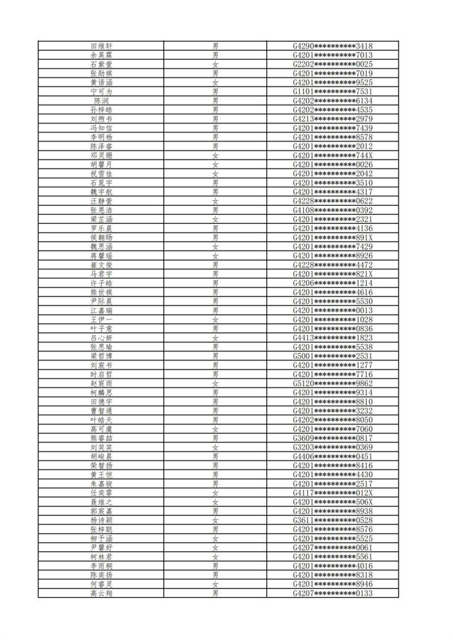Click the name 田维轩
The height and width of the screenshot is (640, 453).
tap(101, 46)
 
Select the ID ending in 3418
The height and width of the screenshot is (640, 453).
tap(332, 46)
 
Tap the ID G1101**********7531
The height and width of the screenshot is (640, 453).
tap(332, 92)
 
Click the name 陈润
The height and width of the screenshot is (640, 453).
tap(101, 101)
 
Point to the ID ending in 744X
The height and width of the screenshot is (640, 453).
tap(332, 155)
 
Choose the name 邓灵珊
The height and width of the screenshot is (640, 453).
tap(101, 155)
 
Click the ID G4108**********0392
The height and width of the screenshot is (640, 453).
tap(332, 210)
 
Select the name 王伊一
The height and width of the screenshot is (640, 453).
tap(101, 320)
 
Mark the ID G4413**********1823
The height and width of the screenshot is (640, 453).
tap(332, 338)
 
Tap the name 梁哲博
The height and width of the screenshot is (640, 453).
tap(101, 356)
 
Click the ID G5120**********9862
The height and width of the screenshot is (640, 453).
tap(332, 383)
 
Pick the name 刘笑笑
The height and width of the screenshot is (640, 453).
tap(101, 447)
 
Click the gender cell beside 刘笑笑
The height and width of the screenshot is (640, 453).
tap(215, 447)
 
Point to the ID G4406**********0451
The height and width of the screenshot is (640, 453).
tap(332, 456)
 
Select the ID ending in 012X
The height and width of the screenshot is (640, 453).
tap(332, 493)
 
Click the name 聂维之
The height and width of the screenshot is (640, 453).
tap(101, 502)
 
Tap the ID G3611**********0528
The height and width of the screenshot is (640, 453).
tap(332, 520)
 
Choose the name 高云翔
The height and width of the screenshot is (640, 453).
tap(101, 593)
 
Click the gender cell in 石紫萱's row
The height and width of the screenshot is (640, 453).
tap(215, 64)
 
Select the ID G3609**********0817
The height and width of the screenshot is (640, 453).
tap(332, 438)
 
